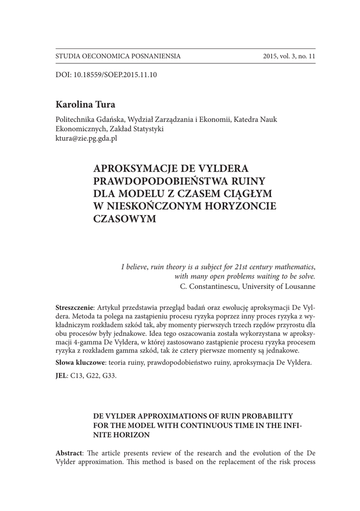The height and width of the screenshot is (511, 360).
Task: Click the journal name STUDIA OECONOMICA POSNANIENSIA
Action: pyautogui.click(x=118, y=56)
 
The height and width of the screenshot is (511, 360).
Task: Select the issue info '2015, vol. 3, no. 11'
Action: pyautogui.click(x=289, y=56)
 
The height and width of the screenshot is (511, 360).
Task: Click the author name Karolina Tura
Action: pyautogui.click(x=85, y=105)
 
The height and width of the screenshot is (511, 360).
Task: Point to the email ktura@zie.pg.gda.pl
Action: pyautogui.click(x=86, y=138)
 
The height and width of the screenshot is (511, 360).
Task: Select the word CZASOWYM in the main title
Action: pyautogui.click(x=125, y=219)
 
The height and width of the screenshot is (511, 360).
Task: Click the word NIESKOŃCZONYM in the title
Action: pyautogui.click(x=157, y=206)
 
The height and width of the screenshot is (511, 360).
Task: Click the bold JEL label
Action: pyautogui.click(x=61, y=376)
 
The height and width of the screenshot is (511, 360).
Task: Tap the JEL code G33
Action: pyautogui.click(x=109, y=376)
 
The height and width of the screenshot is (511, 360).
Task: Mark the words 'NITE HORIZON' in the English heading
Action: pyautogui.click(x=122, y=435)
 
